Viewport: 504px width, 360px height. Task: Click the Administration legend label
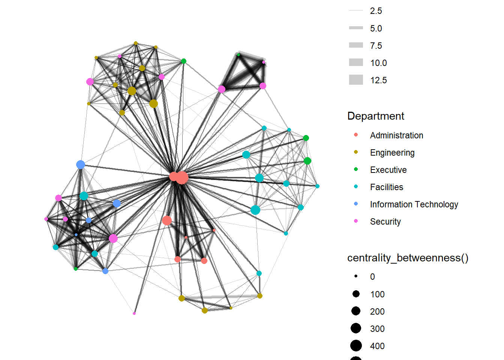pyautogui.click(x=396, y=135)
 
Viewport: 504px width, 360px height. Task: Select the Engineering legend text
pyautogui.click(x=392, y=153)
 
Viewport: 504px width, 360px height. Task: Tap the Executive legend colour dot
pyautogui.click(x=356, y=169)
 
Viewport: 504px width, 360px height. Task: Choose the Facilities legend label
pyautogui.click(x=387, y=187)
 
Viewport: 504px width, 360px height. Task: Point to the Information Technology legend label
pyautogui.click(x=414, y=204)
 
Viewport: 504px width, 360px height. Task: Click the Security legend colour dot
pyautogui.click(x=356, y=221)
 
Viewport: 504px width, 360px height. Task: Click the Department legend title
pyautogui.click(x=376, y=116)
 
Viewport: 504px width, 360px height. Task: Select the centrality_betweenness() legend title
pyautogui.click(x=408, y=258)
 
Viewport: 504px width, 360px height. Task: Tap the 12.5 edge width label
pyautogui.click(x=378, y=80)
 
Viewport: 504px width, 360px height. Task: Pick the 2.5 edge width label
pyautogui.click(x=376, y=11)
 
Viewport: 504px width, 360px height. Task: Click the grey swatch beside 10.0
pyautogui.click(x=356, y=63)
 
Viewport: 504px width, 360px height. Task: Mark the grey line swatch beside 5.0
pyautogui.click(x=356, y=28)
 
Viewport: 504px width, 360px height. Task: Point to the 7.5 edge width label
pyautogui.click(x=376, y=46)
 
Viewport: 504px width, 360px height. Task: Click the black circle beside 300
pyautogui.click(x=356, y=328)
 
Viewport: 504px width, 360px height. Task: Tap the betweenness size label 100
pyautogui.click(x=377, y=294)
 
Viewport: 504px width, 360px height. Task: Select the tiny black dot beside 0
pyautogui.click(x=356, y=276)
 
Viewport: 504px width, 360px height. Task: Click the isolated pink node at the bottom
pyautogui.click(x=134, y=313)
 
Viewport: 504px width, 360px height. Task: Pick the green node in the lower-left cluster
pyautogui.click(x=76, y=269)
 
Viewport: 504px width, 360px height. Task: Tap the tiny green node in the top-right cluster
pyautogui.click(x=238, y=55)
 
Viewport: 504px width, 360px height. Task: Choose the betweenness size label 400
pyautogui.click(x=377, y=346)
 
